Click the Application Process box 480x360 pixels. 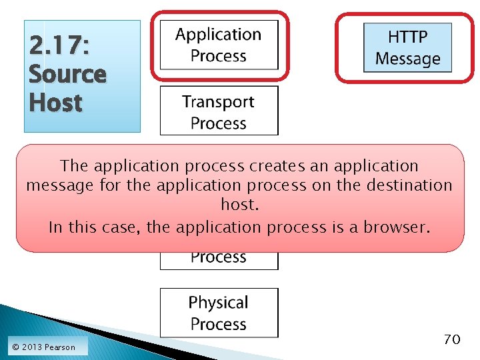(x=219, y=45)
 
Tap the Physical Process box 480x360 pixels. (x=219, y=313)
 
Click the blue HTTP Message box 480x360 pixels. (x=407, y=47)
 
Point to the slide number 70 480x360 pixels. (x=451, y=339)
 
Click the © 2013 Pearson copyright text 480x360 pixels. (x=43, y=347)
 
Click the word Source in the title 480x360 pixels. (x=67, y=74)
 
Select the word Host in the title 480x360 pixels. (x=55, y=103)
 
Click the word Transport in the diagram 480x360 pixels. (x=219, y=101)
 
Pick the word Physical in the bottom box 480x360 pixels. (x=219, y=303)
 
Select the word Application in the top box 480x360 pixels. (x=219, y=34)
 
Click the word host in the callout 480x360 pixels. (x=239, y=205)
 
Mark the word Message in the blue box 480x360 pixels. (x=407, y=59)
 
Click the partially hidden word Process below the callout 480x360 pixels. (x=219, y=258)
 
